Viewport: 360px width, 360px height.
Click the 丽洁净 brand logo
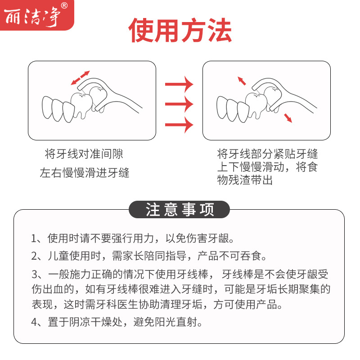[x=32, y=15]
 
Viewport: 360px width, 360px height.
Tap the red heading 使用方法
[x=180, y=31]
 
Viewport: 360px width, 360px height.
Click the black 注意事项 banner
[x=180, y=210]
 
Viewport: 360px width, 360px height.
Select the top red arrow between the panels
[x=179, y=84]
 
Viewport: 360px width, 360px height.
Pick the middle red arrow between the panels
[x=179, y=104]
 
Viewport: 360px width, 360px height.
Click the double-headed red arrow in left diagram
[x=81, y=77]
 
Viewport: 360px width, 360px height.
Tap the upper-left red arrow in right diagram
[x=242, y=81]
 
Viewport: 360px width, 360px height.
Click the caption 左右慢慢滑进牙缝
[x=85, y=173]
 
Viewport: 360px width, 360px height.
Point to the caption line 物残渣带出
[x=245, y=180]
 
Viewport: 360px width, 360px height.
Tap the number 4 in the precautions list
[x=35, y=322]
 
